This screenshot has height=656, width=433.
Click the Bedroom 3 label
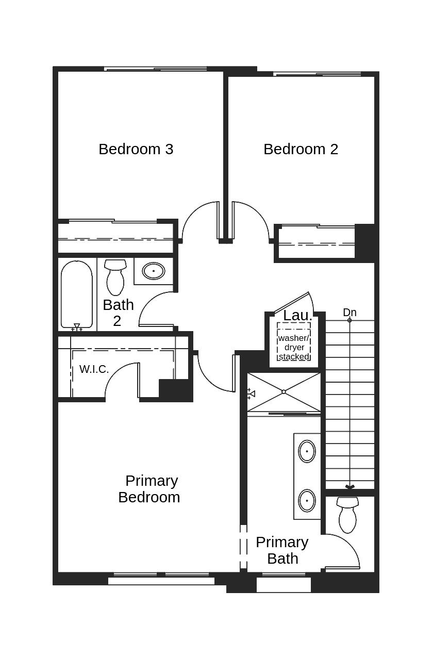point(136,149)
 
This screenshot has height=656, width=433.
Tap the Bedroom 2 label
point(301,149)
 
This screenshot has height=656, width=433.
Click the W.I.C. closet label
point(94,369)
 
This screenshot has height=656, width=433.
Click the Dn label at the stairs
point(349,313)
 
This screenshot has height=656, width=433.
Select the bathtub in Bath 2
point(77,294)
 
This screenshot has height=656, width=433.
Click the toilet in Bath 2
point(115,277)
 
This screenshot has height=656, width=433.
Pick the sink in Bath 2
point(154,271)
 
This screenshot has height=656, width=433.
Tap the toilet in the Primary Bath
point(347,515)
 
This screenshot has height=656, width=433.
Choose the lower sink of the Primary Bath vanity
point(307,500)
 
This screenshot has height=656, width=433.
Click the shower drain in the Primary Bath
point(284,391)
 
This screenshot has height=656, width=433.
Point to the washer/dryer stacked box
point(294,341)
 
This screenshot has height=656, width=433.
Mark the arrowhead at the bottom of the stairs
point(349,487)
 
